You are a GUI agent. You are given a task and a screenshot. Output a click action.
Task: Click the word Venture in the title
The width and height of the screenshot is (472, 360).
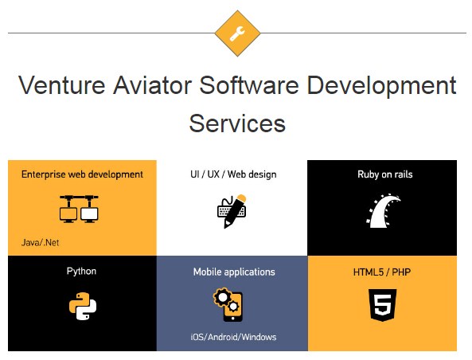62,85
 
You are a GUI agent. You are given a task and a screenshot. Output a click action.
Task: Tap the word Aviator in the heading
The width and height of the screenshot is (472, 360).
152,85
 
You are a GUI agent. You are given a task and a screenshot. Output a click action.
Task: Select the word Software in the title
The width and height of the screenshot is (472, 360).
249,85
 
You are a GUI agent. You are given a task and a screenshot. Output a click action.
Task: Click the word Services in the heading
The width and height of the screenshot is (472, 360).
237,123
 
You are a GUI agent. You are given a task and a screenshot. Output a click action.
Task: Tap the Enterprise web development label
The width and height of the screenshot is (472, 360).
82,174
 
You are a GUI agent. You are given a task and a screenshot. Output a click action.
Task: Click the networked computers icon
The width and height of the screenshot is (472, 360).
79,209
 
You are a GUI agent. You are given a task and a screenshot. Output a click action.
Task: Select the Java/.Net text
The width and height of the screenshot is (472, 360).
40,242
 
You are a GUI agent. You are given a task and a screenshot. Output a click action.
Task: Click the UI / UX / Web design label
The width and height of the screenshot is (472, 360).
233,174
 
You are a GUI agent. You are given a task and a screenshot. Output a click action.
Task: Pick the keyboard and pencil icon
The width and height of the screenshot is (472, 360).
232,211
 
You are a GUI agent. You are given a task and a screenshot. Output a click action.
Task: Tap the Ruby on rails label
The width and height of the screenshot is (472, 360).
385,174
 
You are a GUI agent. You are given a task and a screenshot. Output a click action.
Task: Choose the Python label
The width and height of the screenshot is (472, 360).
81,271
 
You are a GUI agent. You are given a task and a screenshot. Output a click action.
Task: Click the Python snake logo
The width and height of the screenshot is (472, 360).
83,306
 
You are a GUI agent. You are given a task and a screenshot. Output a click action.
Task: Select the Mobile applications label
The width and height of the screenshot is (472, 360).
234,272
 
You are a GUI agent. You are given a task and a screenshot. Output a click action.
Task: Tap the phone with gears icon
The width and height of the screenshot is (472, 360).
228,305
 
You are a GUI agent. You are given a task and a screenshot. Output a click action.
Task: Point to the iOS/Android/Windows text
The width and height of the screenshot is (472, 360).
233,337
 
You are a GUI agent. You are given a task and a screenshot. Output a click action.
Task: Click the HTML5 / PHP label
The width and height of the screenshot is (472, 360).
382,272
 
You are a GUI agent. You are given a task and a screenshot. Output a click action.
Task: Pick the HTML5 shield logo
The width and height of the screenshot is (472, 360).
382,305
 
